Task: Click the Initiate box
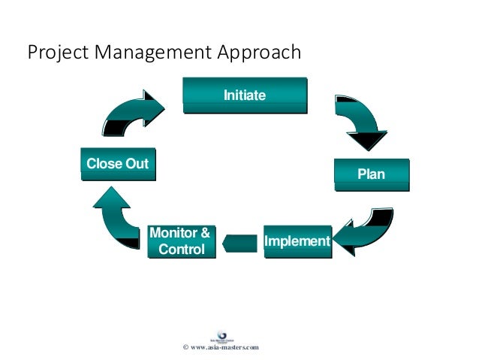pyautogui.click(x=245, y=95)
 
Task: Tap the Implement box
pyautogui.click(x=297, y=241)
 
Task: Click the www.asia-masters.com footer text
pyautogui.click(x=225, y=347)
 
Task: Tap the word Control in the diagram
pyautogui.click(x=182, y=249)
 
